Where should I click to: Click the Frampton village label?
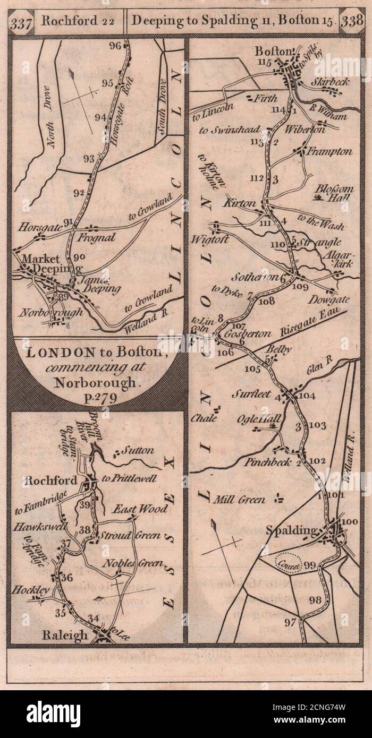[332, 151]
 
